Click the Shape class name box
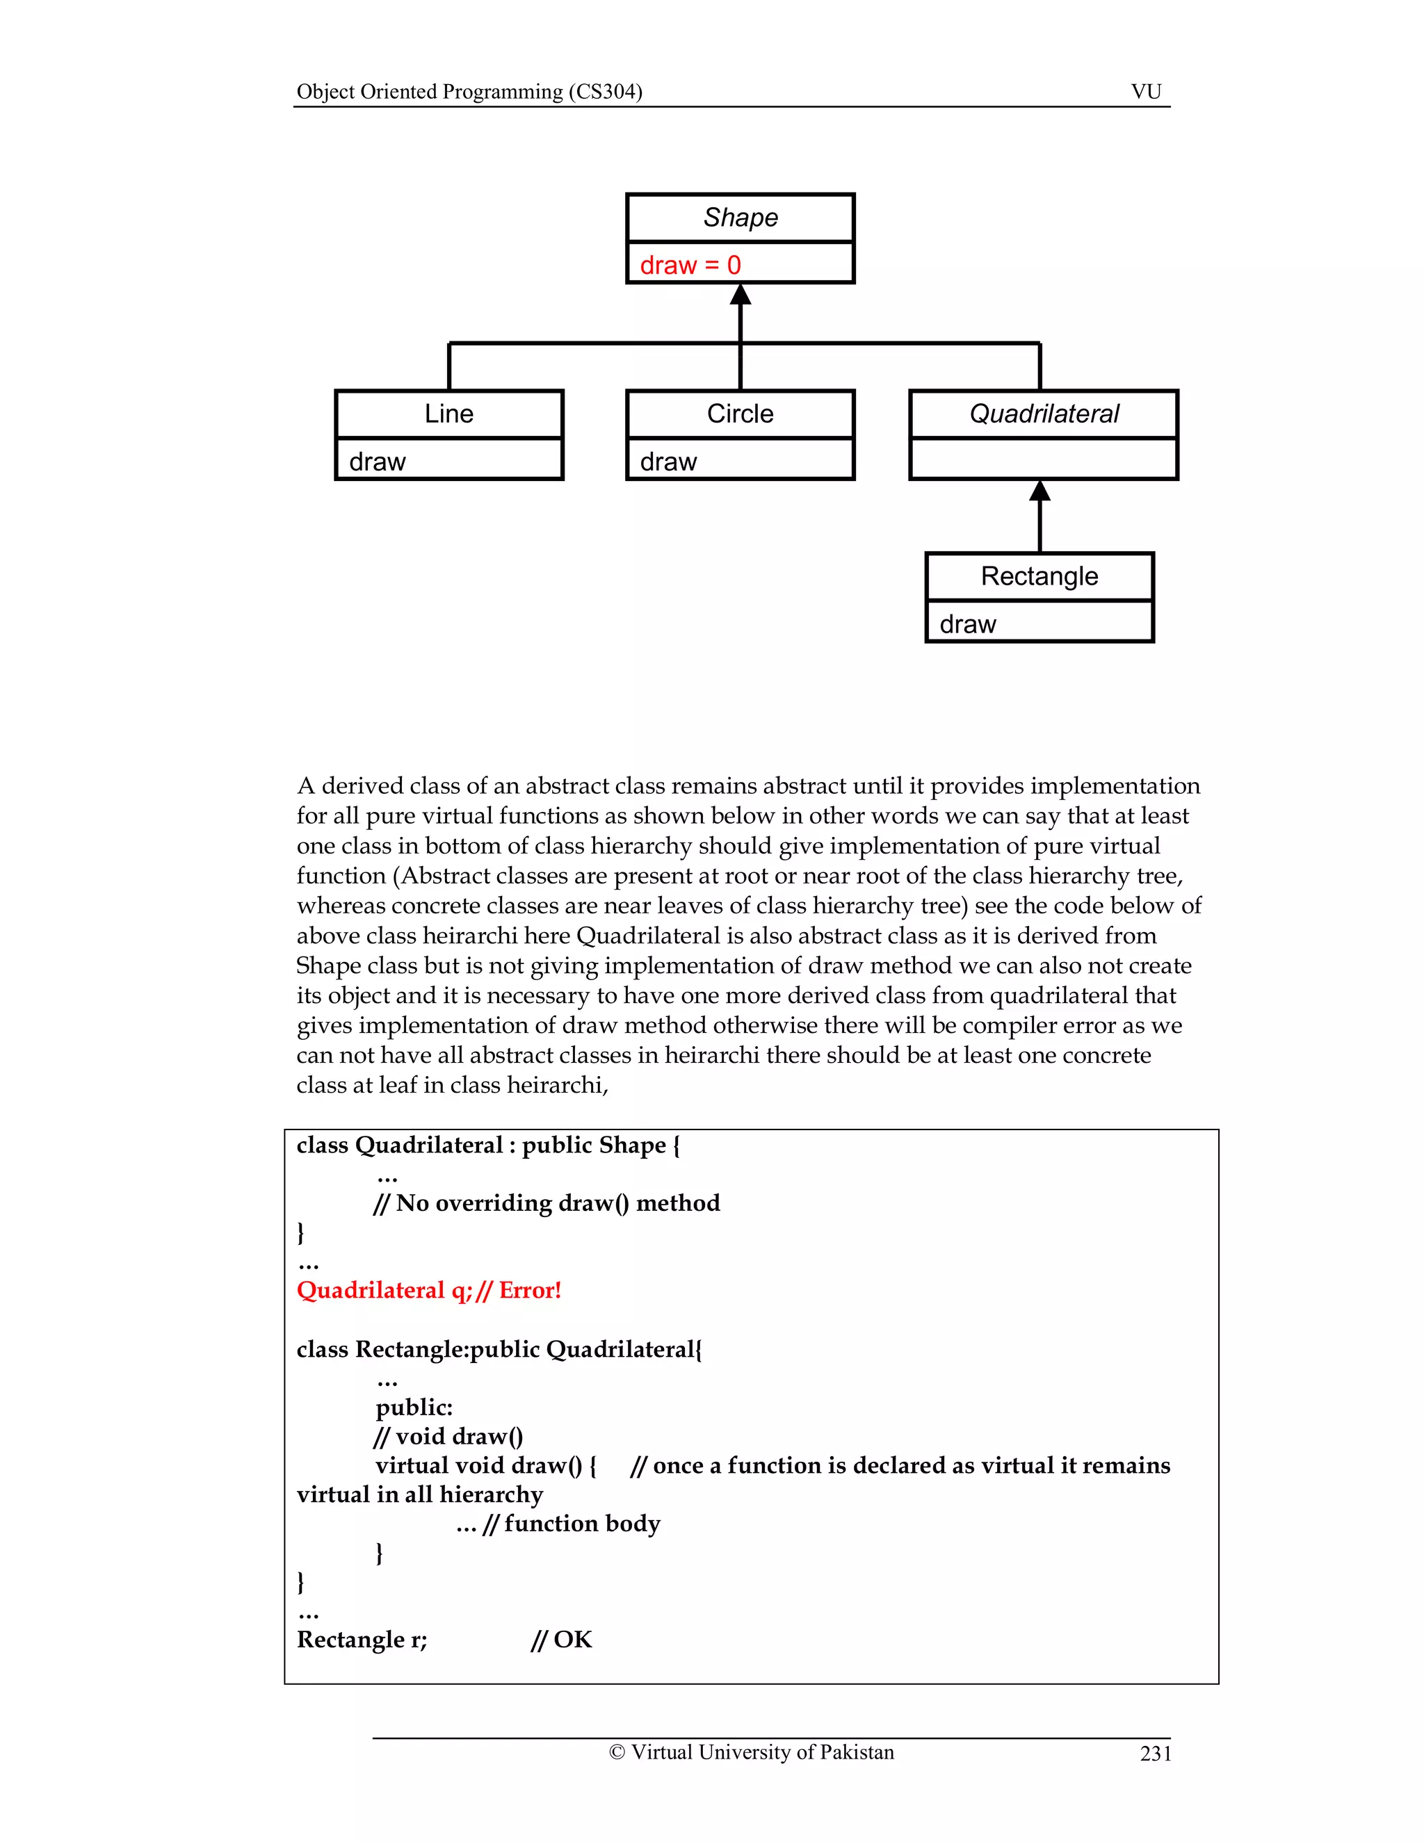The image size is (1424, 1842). coord(740,218)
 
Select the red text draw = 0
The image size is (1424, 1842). coord(690,265)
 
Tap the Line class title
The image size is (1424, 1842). coord(448,414)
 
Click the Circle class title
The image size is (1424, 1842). coord(740,414)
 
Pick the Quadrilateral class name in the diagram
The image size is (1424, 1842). coord(1044,414)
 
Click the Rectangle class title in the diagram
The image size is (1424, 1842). coord(1039,576)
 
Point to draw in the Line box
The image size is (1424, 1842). coord(377,462)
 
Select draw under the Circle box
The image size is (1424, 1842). coord(668,462)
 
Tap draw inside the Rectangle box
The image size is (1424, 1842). coord(968,624)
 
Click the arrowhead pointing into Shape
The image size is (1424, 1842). coord(741,294)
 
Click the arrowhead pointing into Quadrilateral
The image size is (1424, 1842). coord(1040,491)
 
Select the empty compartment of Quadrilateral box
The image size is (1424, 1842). coord(1044,459)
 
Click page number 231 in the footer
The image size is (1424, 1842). coord(1155,1754)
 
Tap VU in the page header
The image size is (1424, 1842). coord(1146,91)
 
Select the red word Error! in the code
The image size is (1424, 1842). coord(530,1289)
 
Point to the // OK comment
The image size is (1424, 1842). coord(562,1639)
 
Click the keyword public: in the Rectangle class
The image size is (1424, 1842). coord(414,1407)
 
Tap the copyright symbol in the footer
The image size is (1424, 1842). coord(617,1752)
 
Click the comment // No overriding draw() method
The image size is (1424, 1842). coord(547,1203)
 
